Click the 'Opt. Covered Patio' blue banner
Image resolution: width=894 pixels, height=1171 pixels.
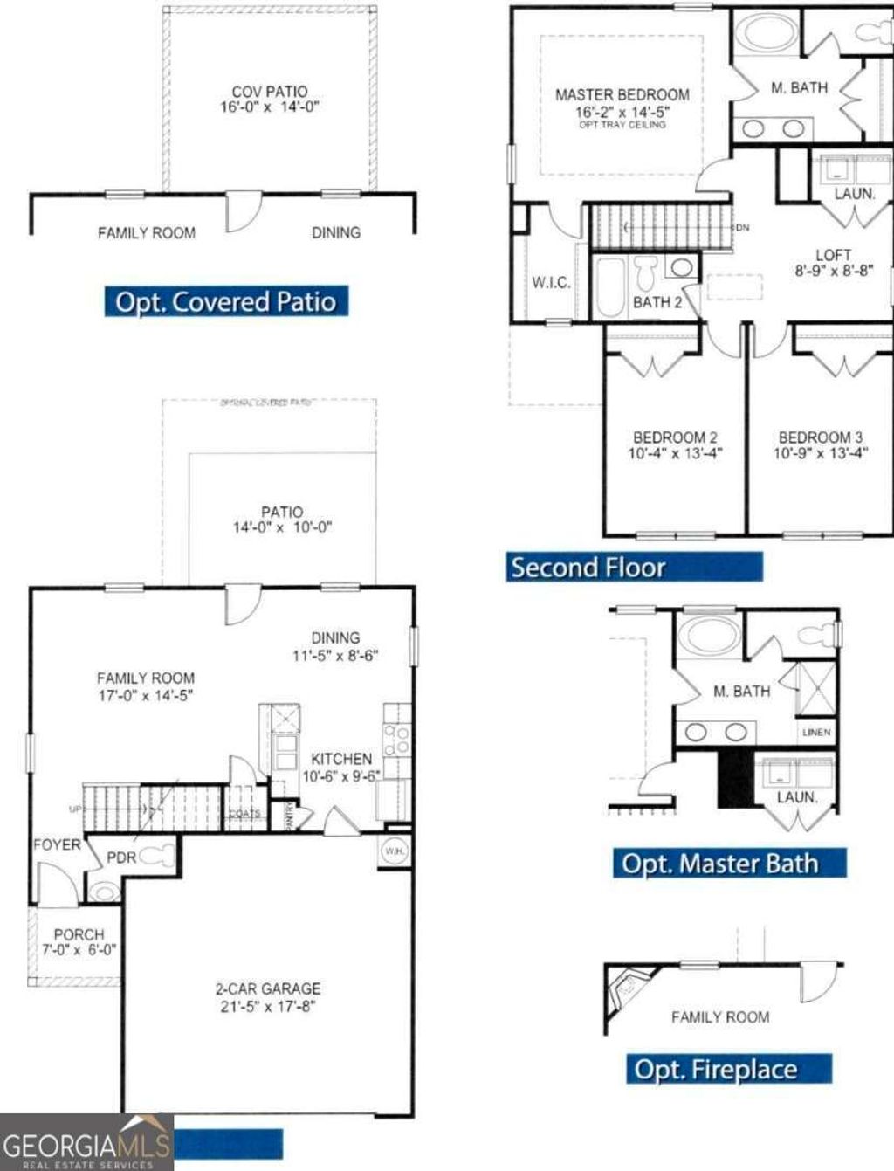click(225, 301)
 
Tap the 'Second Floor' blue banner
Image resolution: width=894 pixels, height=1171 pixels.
click(634, 568)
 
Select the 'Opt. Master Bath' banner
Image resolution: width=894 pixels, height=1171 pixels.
click(728, 864)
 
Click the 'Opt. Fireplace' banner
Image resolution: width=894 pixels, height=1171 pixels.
click(727, 1069)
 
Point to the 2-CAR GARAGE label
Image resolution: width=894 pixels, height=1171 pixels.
click(267, 988)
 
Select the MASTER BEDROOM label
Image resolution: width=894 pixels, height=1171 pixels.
click(622, 94)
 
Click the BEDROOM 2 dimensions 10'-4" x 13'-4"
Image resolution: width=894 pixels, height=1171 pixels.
click(675, 453)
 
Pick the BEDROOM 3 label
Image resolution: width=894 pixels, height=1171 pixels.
click(820, 437)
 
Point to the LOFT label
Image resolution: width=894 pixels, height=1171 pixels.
click(832, 255)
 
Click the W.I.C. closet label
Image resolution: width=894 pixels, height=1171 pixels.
click(551, 283)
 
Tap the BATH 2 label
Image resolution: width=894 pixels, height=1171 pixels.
click(657, 302)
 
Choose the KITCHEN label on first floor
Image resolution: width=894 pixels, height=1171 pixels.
click(340, 759)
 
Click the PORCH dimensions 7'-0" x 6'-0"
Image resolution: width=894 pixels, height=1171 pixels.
click(79, 949)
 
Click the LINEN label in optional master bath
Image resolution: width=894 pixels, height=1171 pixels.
click(816, 732)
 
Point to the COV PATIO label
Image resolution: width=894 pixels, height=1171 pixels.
click(269, 92)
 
